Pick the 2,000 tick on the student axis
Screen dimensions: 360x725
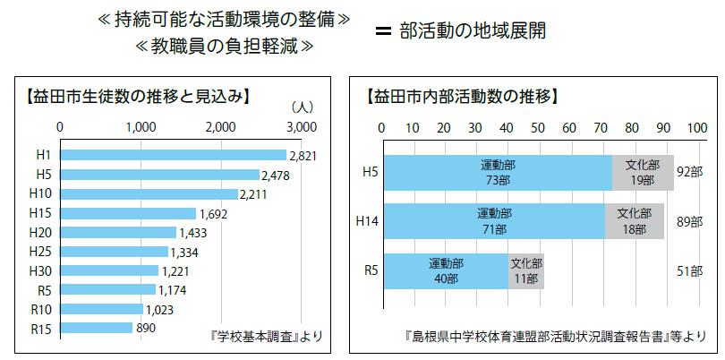coord(222,126)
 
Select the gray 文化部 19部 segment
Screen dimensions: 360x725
coord(642,172)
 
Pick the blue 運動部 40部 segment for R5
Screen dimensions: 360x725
coord(445,270)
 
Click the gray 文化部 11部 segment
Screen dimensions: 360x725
coord(525,270)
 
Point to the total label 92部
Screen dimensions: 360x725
coord(690,172)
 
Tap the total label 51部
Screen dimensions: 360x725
coord(690,270)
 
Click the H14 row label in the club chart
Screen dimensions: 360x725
coord(367,221)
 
